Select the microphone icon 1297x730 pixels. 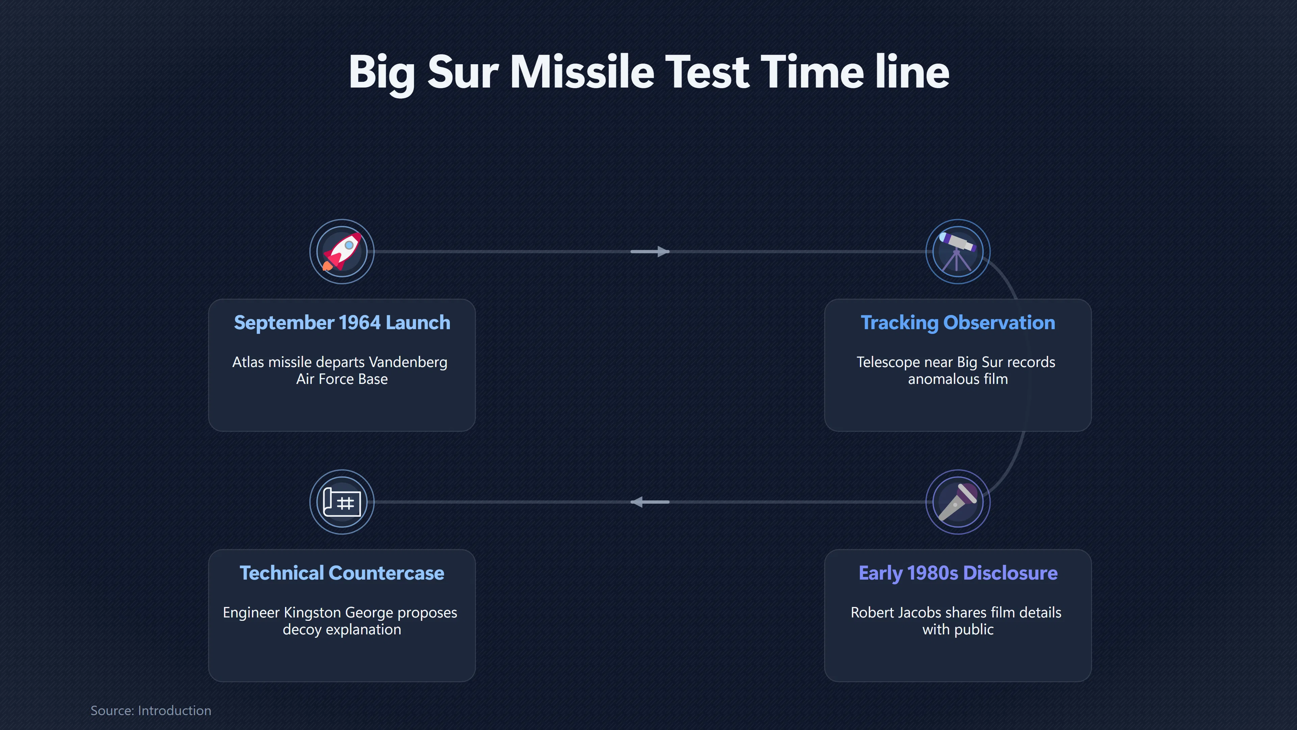click(958, 502)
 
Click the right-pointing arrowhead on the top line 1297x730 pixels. click(663, 251)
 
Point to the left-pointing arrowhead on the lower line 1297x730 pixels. click(637, 502)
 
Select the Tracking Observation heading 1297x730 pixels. click(958, 322)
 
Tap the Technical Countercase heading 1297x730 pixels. click(342, 573)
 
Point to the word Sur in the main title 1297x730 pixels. click(463, 73)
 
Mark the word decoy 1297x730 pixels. click(302, 630)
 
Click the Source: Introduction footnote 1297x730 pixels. click(151, 710)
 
